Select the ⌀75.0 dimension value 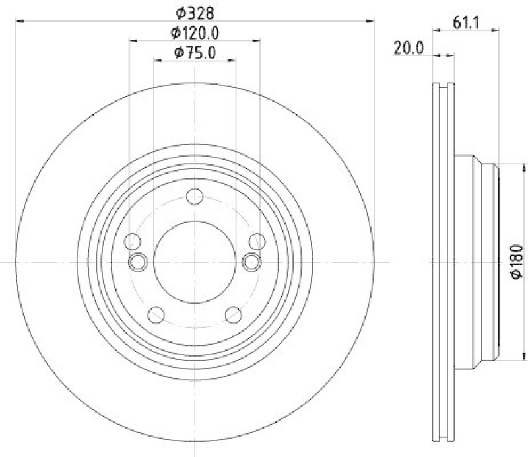coord(195,53)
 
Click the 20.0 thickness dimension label coord(408,48)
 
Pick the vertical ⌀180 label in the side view coord(517,262)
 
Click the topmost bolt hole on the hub coord(195,196)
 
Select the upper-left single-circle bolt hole coord(132,242)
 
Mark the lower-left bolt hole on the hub coord(156,315)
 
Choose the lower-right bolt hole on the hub coord(233,315)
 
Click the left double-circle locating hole coord(138,262)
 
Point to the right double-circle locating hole coord(251,262)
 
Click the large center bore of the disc coord(195,262)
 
